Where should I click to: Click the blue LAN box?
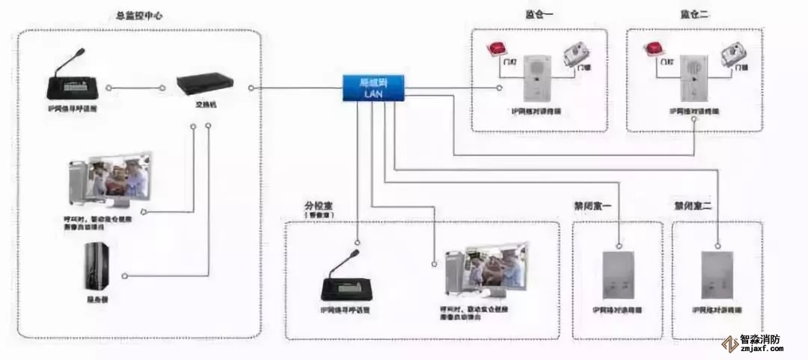pos(373,88)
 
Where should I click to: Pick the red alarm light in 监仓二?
pos(653,49)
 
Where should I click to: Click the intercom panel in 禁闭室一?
pos(618,275)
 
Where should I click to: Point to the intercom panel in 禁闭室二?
pos(716,275)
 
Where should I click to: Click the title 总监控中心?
pos(139,16)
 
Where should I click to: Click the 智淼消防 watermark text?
pos(760,339)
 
